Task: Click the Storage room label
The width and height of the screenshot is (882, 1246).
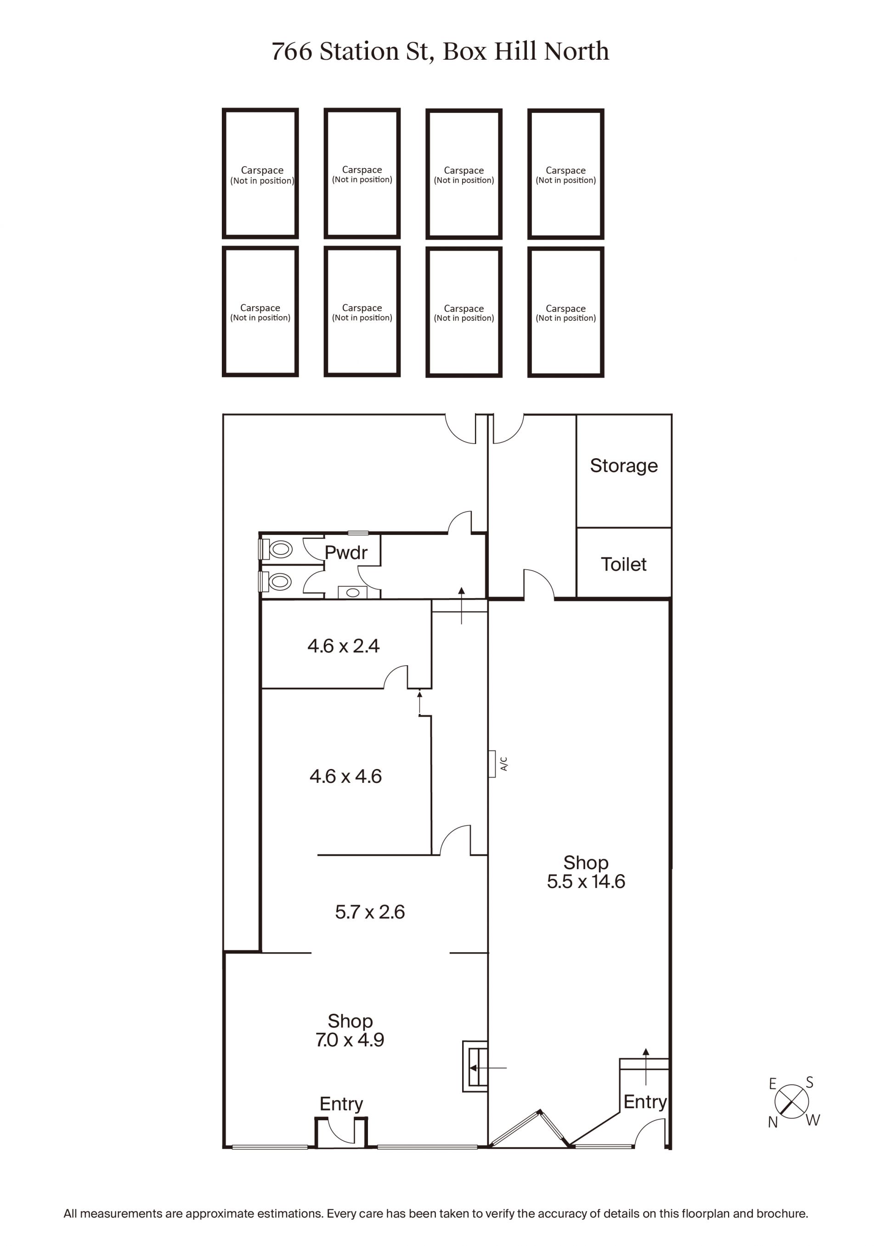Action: (x=623, y=466)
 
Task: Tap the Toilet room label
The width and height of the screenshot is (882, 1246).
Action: (x=623, y=564)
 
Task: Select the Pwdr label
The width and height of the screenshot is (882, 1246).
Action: (x=346, y=552)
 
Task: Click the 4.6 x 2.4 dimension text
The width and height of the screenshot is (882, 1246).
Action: (x=343, y=646)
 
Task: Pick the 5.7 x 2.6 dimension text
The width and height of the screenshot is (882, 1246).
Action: (x=370, y=912)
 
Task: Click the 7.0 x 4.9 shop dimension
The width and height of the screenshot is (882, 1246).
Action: (x=350, y=1040)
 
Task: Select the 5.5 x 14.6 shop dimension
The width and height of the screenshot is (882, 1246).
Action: (x=586, y=881)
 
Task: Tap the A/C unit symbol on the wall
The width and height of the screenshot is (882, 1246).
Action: (x=492, y=764)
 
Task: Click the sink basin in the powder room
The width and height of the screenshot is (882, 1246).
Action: (x=352, y=593)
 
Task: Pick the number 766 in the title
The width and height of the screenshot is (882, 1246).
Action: (x=292, y=52)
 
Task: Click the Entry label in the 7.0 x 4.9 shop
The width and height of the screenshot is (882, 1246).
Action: (x=341, y=1104)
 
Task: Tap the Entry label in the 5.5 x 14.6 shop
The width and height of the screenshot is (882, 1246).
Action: (x=645, y=1102)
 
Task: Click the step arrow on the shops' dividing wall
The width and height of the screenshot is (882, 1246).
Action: (x=488, y=1068)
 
